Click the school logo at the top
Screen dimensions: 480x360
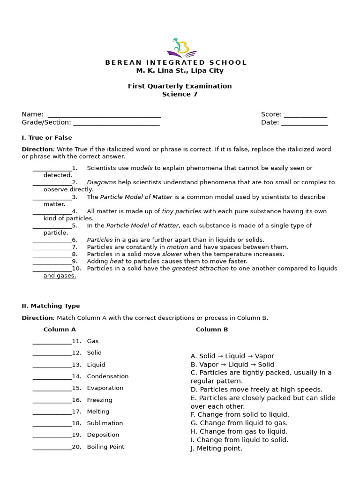click(x=181, y=48)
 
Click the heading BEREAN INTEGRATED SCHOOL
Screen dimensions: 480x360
click(x=176, y=62)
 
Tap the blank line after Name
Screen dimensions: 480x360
click(x=104, y=114)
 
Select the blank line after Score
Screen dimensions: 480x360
click(x=305, y=114)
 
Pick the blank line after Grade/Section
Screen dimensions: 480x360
click(x=116, y=123)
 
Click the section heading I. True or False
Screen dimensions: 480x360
click(x=47, y=138)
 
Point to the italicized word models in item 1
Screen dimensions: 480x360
click(x=142, y=168)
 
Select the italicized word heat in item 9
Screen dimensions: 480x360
click(x=117, y=261)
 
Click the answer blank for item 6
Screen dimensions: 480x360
click(x=52, y=240)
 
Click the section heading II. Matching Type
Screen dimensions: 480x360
click(x=51, y=306)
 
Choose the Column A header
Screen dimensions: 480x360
click(x=60, y=330)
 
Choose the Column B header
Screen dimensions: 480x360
click(x=212, y=330)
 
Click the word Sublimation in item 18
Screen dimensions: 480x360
click(x=105, y=423)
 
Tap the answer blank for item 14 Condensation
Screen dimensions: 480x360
click(x=52, y=376)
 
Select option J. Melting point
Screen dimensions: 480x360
click(x=217, y=449)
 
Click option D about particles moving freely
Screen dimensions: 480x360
click(x=256, y=390)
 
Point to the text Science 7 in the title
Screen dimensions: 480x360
click(x=180, y=94)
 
